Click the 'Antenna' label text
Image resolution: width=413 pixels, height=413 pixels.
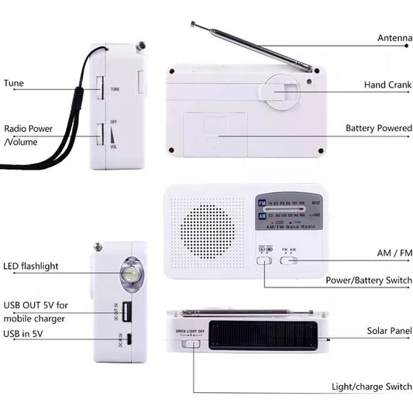point(394,38)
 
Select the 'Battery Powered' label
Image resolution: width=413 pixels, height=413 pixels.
point(378,128)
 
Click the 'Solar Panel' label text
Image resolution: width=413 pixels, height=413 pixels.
point(389,331)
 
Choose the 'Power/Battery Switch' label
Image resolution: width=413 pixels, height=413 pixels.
point(368,280)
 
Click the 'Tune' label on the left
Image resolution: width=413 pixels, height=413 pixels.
point(13,83)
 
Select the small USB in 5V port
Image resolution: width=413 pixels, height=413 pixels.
point(129,339)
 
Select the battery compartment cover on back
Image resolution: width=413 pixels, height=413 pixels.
point(215,133)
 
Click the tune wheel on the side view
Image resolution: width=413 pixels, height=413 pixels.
point(101,88)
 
